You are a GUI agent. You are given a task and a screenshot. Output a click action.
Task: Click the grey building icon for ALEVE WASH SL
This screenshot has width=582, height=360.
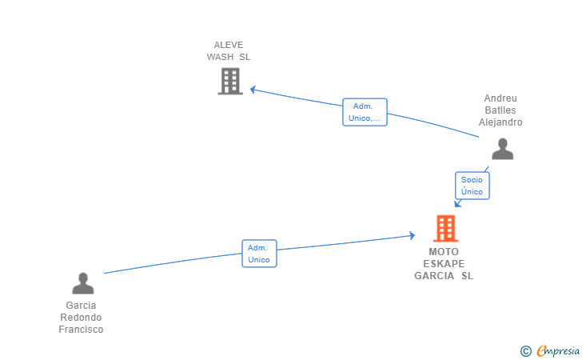click(x=230, y=81)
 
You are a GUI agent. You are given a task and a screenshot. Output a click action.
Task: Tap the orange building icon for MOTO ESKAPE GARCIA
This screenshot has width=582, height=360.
click(x=445, y=228)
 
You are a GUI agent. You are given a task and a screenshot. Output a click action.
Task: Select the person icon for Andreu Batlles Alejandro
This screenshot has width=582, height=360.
click(x=503, y=149)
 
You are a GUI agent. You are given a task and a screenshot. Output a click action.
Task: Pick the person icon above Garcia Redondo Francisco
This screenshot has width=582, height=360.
click(x=83, y=283)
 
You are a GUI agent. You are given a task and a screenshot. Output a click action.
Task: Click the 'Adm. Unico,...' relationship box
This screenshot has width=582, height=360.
click(x=365, y=112)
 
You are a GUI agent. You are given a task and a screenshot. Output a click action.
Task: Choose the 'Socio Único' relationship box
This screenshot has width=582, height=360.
click(x=472, y=186)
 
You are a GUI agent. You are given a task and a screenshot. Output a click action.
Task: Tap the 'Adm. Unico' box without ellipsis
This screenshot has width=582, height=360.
click(x=259, y=254)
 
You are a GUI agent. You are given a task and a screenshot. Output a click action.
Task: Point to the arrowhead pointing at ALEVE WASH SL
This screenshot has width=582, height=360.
click(x=253, y=90)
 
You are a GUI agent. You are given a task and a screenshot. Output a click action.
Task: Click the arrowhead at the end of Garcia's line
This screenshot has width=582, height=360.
click(x=412, y=235)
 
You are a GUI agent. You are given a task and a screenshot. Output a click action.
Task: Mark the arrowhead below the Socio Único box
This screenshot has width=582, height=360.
click(x=457, y=203)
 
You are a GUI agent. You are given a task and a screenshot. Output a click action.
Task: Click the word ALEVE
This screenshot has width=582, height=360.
click(x=229, y=45)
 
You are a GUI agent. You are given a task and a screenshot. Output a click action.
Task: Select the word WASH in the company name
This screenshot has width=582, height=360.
click(x=220, y=57)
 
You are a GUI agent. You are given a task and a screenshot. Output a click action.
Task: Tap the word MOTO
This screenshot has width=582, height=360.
click(x=444, y=252)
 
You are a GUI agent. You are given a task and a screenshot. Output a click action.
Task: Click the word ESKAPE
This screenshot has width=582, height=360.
click(x=444, y=264)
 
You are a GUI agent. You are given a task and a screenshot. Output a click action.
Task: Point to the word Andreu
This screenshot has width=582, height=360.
click(x=500, y=98)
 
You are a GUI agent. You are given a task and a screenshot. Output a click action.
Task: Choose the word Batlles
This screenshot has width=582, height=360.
click(x=500, y=110)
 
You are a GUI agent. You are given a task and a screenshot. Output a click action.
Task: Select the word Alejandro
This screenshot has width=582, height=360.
click(x=500, y=122)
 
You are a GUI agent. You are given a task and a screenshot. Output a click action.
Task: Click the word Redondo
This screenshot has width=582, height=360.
click(x=81, y=318)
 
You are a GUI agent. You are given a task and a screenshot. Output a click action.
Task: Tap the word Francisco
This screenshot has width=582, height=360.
click(x=81, y=330)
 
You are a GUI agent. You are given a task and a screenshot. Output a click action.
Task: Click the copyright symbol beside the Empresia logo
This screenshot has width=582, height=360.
click(x=525, y=351)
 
